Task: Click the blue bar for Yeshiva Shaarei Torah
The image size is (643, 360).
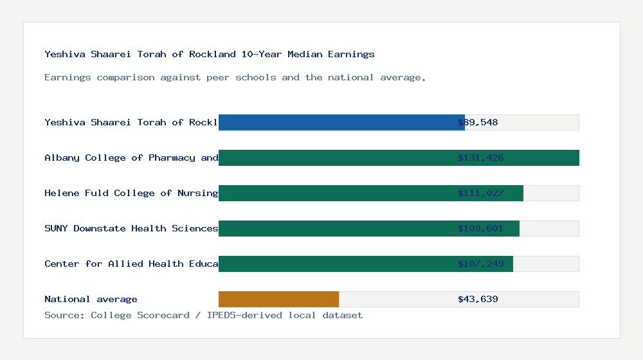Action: tap(341, 122)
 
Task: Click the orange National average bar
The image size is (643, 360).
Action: tap(278, 299)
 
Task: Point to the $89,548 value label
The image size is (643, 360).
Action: tap(478, 122)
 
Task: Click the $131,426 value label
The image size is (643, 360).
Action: tap(480, 157)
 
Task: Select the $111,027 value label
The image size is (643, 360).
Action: tap(480, 193)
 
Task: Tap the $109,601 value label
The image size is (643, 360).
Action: tap(480, 228)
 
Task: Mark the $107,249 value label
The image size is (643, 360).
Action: tap(480, 264)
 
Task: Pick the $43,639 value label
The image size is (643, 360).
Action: tap(478, 299)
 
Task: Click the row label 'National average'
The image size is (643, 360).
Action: tap(91, 299)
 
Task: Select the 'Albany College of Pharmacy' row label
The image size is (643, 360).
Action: tap(131, 157)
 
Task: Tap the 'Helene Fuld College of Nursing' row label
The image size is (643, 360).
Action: tap(131, 193)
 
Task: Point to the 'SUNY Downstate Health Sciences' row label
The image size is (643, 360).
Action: tap(131, 228)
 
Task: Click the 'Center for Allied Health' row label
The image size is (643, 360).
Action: tap(131, 264)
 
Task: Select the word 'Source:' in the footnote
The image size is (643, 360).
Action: tap(65, 315)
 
